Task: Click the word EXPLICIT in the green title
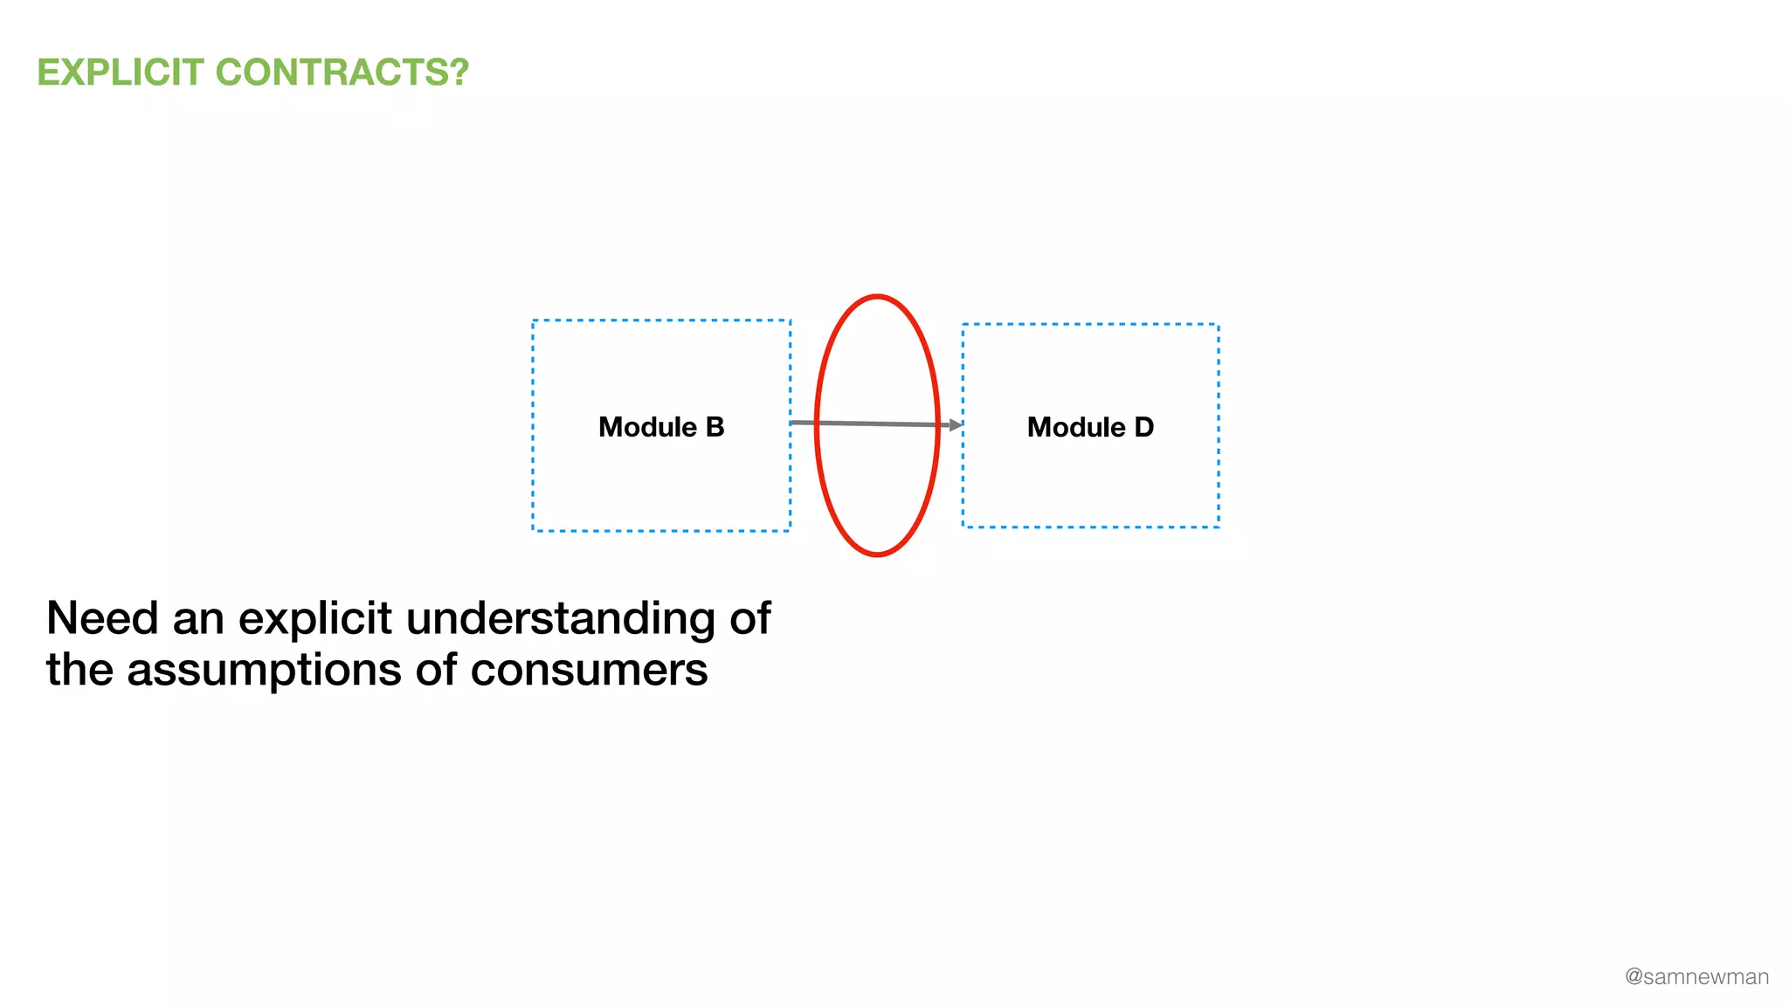[x=121, y=72]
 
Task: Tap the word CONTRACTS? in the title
[x=342, y=72]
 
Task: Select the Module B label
[x=661, y=427]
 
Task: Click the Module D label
[x=1090, y=427]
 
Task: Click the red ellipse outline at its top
[x=877, y=297]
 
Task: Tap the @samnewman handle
[x=1696, y=976]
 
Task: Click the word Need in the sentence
[x=102, y=618]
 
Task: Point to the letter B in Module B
[x=715, y=427]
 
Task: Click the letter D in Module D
[x=1143, y=427]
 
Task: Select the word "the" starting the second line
[x=79, y=671]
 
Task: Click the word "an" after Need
[x=198, y=620]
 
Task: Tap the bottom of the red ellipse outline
[x=877, y=554]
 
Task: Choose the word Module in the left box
[x=647, y=427]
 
